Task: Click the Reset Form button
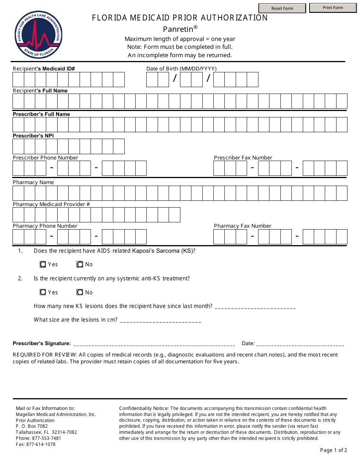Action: (x=282, y=8)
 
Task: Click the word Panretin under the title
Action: (x=178, y=29)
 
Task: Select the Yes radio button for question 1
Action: (x=43, y=264)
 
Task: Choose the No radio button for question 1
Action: (x=80, y=264)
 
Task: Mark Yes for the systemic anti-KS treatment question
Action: (x=43, y=292)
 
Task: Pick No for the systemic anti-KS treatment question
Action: (x=80, y=292)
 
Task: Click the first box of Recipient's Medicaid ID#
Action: (x=18, y=80)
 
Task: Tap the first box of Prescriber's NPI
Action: (x=18, y=146)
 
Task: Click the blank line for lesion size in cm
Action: (x=160, y=321)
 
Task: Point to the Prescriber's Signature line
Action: (x=154, y=344)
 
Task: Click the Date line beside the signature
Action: (x=300, y=344)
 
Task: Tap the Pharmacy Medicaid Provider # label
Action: (x=51, y=204)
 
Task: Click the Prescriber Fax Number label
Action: (x=243, y=158)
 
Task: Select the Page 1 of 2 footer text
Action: (x=333, y=450)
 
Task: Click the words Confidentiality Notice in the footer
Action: (x=144, y=408)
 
